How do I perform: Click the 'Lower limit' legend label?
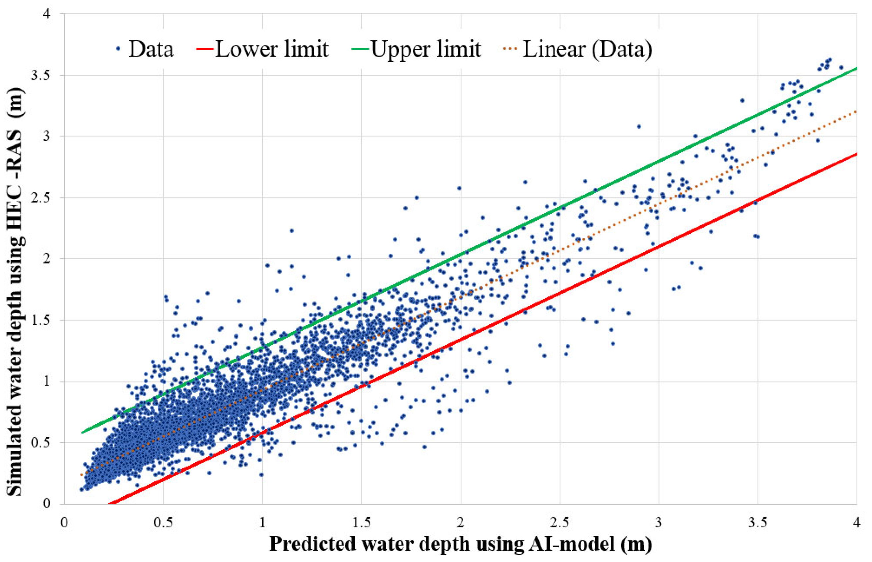click(x=272, y=49)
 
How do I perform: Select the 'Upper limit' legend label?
click(x=426, y=49)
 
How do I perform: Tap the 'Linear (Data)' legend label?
click(x=587, y=49)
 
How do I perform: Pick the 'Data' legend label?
click(x=151, y=49)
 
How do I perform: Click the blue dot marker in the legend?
click(x=118, y=49)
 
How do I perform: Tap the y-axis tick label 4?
click(x=47, y=14)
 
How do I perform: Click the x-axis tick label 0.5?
click(x=163, y=523)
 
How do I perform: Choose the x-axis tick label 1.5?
click(x=361, y=523)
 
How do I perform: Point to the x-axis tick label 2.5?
click(x=559, y=523)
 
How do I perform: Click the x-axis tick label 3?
click(x=658, y=523)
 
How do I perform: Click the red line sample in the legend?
click(x=205, y=49)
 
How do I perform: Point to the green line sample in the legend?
click(x=360, y=49)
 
